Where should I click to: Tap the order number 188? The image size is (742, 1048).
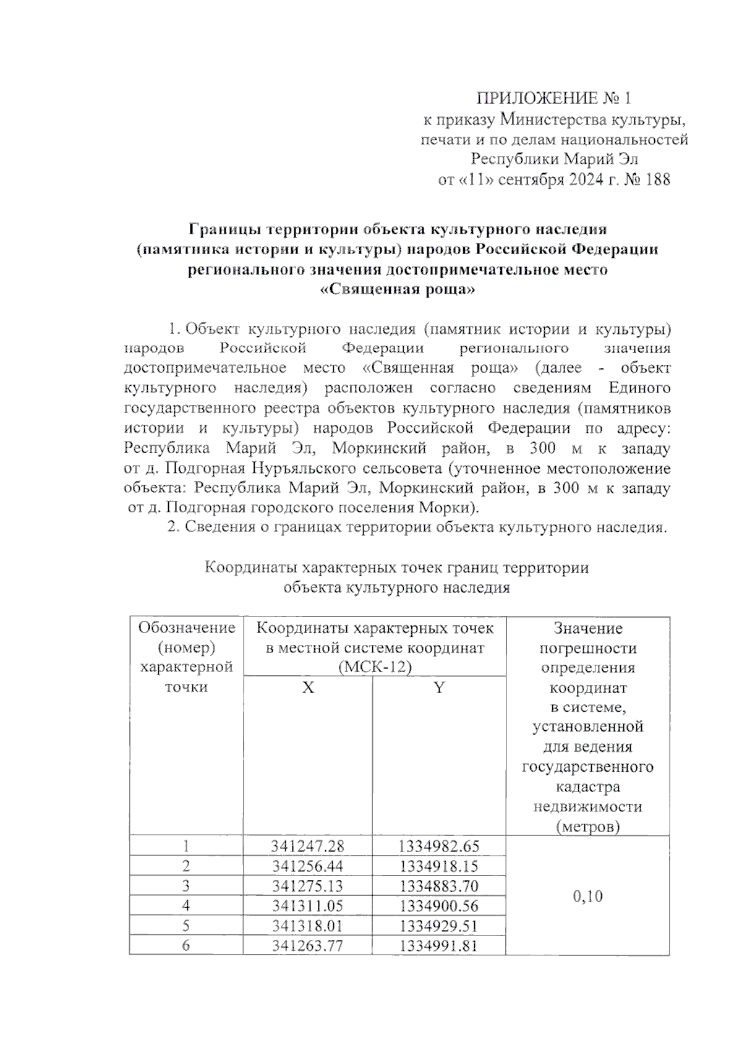pyautogui.click(x=657, y=180)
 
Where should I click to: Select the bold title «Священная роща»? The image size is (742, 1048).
pyautogui.click(x=398, y=289)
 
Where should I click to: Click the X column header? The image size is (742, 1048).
pyautogui.click(x=308, y=688)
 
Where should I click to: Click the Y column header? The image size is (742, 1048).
pyautogui.click(x=439, y=688)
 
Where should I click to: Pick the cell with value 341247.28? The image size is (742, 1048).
pyautogui.click(x=307, y=846)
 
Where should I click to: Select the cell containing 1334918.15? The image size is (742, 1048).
pyautogui.click(x=439, y=866)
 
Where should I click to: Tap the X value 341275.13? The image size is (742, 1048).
pyautogui.click(x=307, y=886)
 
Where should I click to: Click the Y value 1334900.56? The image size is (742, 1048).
pyautogui.click(x=439, y=906)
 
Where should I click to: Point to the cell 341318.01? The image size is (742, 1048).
pyautogui.click(x=307, y=926)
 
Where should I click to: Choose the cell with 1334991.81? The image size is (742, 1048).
pyautogui.click(x=439, y=945)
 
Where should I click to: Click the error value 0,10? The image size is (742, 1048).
pyautogui.click(x=587, y=896)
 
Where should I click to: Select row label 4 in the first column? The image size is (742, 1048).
pyautogui.click(x=186, y=906)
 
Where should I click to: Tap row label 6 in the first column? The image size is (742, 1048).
pyautogui.click(x=186, y=945)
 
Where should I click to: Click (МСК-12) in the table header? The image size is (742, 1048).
pyautogui.click(x=375, y=667)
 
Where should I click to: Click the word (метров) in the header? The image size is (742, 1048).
pyautogui.click(x=587, y=826)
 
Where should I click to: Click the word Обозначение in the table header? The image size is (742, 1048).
pyautogui.click(x=187, y=628)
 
